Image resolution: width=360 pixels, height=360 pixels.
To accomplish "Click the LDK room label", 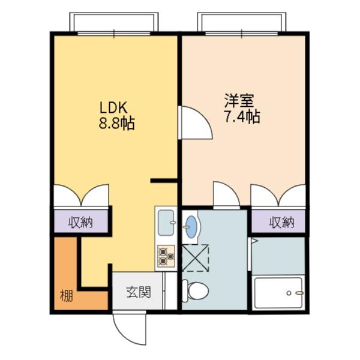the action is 113,107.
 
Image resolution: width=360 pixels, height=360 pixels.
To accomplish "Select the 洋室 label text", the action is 239,101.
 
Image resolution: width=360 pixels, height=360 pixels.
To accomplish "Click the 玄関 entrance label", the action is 139,292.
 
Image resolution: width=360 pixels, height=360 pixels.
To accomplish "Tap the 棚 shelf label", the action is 67,295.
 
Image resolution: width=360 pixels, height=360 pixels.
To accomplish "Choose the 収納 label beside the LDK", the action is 81,222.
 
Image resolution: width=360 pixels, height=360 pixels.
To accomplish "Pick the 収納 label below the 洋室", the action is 282,222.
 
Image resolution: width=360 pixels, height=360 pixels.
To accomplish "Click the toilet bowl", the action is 195,291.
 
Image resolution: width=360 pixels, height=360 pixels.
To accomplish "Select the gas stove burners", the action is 166,256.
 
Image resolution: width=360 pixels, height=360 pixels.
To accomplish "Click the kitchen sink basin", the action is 166,223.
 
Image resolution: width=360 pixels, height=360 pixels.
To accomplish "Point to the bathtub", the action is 279,293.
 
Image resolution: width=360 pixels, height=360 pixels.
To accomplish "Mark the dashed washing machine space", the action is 196,258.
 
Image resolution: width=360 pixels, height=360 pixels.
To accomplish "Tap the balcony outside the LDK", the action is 114,22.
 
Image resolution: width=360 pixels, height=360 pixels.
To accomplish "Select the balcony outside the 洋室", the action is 242,22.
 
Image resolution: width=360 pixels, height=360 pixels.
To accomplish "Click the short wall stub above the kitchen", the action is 164,181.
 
